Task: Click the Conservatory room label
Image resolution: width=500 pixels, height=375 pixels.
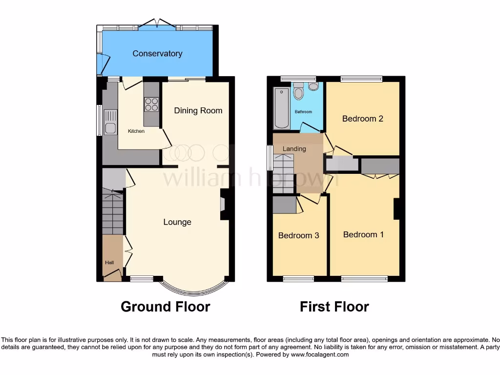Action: coord(157,54)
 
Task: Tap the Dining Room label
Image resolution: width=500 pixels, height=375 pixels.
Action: coord(198,111)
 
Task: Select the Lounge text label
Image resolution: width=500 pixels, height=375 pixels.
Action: coord(177,222)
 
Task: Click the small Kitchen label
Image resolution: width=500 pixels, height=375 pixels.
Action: coord(136,131)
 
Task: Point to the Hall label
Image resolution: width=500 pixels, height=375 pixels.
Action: coord(109,263)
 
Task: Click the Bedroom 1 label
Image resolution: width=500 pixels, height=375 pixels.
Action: coord(363,235)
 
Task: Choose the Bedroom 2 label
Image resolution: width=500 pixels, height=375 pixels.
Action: coord(362,119)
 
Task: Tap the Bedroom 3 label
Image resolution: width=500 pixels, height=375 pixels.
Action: coord(298,236)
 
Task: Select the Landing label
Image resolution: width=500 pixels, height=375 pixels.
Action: coord(294,149)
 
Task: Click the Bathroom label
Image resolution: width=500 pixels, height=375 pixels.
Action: coord(303,112)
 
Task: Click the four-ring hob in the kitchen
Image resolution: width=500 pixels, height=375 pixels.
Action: coord(151,104)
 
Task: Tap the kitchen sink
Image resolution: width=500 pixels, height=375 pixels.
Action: coord(110,123)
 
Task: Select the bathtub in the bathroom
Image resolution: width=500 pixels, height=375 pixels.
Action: coord(282,108)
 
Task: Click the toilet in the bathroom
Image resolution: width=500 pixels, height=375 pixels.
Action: coord(298,91)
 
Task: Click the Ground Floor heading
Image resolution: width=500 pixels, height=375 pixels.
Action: coord(165,307)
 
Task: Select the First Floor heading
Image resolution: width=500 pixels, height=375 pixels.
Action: coord(334,307)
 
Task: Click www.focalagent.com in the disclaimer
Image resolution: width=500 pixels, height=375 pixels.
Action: coord(319,354)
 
